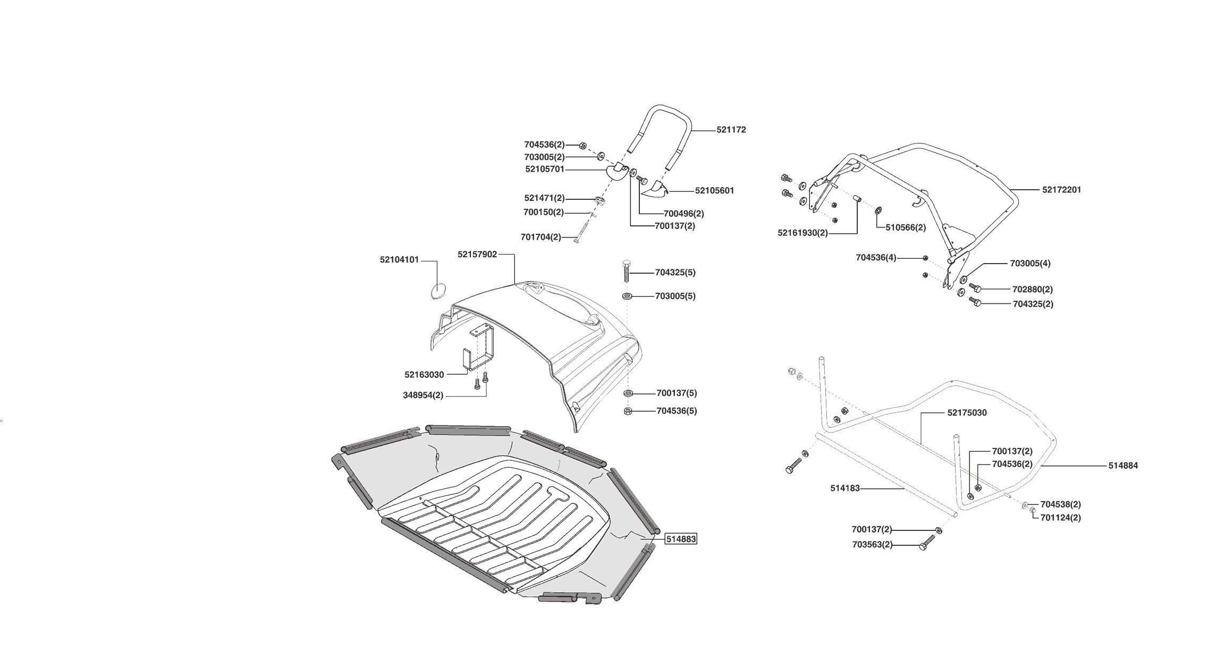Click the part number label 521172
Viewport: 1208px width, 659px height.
(x=731, y=130)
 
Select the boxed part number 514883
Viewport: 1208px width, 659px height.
(x=681, y=539)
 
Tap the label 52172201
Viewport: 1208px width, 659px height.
(x=1061, y=190)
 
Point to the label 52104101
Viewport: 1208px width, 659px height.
(x=399, y=260)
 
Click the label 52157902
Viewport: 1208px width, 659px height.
(x=477, y=255)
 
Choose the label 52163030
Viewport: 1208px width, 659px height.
(x=424, y=375)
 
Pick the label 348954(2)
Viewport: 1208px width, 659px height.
(x=423, y=395)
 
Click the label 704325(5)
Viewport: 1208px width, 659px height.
(x=675, y=273)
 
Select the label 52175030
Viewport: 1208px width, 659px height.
(x=967, y=413)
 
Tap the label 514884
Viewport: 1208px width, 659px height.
(x=1123, y=466)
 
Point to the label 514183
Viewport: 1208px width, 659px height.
(x=844, y=488)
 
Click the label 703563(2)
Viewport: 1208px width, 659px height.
(x=872, y=545)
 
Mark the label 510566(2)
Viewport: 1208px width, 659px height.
(x=906, y=227)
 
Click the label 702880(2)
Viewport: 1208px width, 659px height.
(x=1032, y=290)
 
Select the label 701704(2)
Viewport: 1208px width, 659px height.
(x=540, y=237)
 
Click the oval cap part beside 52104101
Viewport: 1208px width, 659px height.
(x=437, y=291)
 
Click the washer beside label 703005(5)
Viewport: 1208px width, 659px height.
(x=627, y=295)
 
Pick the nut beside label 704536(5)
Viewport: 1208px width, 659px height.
(x=627, y=411)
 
